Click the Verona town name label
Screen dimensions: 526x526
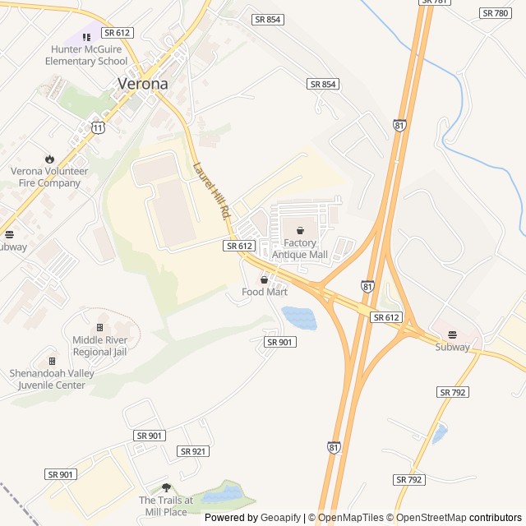[143, 83]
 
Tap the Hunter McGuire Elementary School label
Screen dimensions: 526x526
[86, 55]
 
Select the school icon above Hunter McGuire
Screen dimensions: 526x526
[86, 37]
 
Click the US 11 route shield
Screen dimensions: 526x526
[98, 127]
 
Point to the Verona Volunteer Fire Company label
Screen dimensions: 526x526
[49, 177]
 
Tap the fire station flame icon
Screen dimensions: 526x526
[49, 159]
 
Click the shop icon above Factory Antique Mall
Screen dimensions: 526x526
[300, 231]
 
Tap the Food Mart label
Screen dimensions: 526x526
[265, 292]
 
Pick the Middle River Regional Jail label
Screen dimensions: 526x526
[99, 346]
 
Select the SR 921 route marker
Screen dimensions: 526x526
[193, 451]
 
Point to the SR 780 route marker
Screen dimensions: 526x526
[496, 13]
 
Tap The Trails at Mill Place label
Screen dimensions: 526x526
[166, 505]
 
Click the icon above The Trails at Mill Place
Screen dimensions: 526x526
[166, 487]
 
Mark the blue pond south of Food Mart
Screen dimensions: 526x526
[298, 317]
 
